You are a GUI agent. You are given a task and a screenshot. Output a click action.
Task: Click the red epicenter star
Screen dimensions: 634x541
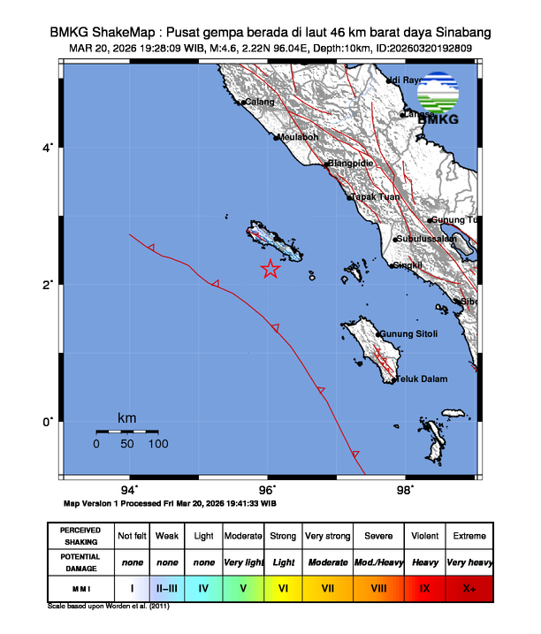coord(270,270)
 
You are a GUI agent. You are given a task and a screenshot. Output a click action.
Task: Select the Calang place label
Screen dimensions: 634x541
coord(260,103)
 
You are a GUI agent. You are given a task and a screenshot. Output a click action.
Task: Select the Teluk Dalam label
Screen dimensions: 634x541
coord(421,379)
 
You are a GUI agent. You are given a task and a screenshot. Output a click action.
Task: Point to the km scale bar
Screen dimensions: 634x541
coord(127,432)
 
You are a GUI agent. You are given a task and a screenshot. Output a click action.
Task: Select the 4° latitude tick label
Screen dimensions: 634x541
coord(50,147)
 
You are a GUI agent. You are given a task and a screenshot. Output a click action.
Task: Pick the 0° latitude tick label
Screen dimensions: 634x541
coord(50,421)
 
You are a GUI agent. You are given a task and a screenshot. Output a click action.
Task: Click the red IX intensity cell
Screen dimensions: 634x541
coord(424,586)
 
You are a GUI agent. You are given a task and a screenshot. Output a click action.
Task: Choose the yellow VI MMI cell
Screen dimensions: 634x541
coord(284,586)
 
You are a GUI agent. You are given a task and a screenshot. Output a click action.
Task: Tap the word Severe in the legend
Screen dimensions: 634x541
coord(378,536)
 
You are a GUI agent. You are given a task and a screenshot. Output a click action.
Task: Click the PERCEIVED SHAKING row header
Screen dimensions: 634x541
coord(80,536)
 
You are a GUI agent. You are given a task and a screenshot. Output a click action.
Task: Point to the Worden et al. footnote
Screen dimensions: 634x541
coord(108,607)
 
